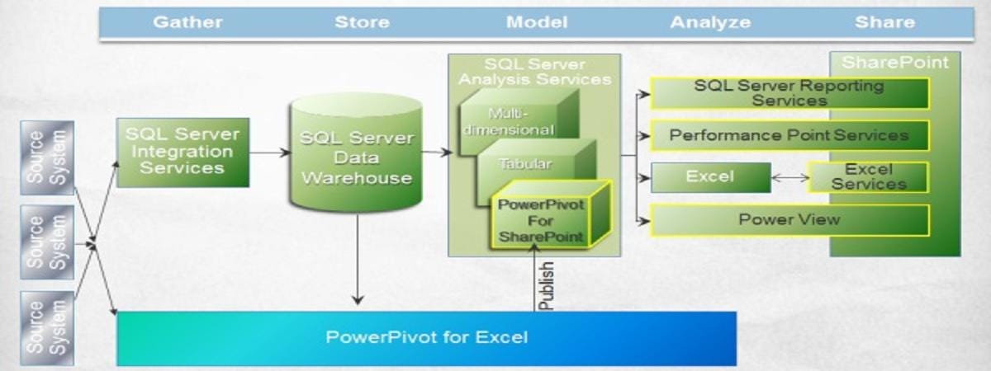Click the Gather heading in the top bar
click(187, 22)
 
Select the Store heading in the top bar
click(362, 22)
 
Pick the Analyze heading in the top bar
click(710, 22)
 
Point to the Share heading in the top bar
click(884, 22)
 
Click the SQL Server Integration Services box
click(183, 151)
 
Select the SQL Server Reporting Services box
click(789, 93)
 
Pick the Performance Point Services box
click(789, 135)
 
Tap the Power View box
click(789, 220)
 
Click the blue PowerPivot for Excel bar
click(426, 337)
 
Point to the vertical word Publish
click(545, 286)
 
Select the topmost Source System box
click(47, 157)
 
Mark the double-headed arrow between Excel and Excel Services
click(789, 177)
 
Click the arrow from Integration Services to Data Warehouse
click(270, 152)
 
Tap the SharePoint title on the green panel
click(894, 63)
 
